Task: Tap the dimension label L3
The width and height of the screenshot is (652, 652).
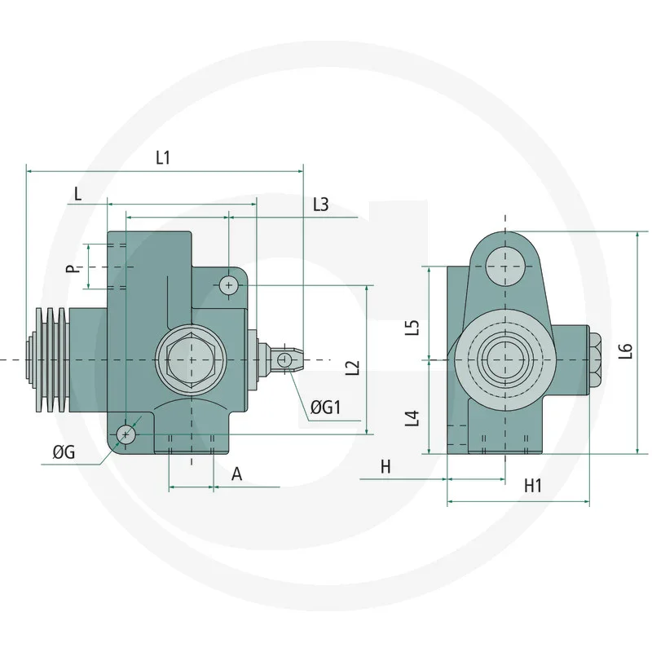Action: click(x=320, y=205)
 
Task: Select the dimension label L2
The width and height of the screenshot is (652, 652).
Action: click(x=352, y=368)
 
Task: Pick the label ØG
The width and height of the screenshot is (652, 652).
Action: click(x=64, y=453)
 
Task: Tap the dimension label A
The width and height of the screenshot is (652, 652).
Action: click(x=236, y=474)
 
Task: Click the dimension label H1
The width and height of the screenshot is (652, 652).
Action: click(x=533, y=487)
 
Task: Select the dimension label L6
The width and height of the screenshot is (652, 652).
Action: click(x=625, y=350)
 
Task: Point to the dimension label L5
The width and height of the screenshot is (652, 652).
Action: click(x=412, y=328)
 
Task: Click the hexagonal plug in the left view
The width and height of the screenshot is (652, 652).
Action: click(x=191, y=359)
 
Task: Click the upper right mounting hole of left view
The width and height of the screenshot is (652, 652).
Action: click(x=229, y=284)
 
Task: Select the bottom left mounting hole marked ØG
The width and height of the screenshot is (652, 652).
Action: click(x=126, y=434)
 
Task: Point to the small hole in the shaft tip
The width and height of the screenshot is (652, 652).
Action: click(x=284, y=359)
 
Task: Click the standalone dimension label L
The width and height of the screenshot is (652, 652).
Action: click(x=77, y=194)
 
